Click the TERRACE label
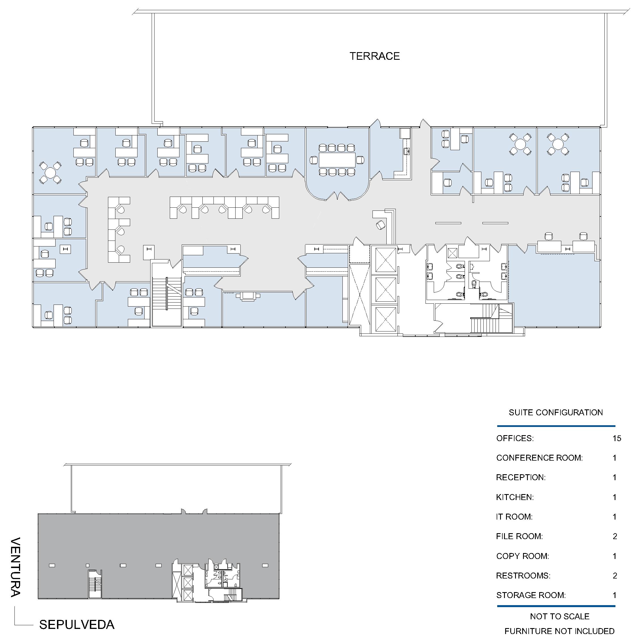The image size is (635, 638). (x=375, y=56)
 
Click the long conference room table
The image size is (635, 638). (x=337, y=160)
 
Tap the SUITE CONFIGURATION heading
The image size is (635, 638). (x=556, y=412)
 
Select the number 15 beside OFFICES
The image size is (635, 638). (x=617, y=438)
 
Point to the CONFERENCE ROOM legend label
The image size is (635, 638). (x=539, y=458)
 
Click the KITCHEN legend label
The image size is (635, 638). (x=515, y=497)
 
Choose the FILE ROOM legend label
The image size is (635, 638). (x=519, y=536)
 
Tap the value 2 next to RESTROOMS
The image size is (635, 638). (x=615, y=576)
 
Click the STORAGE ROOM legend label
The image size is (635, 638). (x=531, y=595)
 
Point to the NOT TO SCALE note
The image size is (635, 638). (x=560, y=616)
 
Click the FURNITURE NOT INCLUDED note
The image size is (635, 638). (x=559, y=631)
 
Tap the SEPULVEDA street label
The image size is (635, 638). (x=77, y=624)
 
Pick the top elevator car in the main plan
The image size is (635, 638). (x=386, y=260)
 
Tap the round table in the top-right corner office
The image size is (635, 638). (x=558, y=144)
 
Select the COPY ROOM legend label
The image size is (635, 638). (x=522, y=556)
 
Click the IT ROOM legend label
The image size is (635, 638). (x=514, y=517)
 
